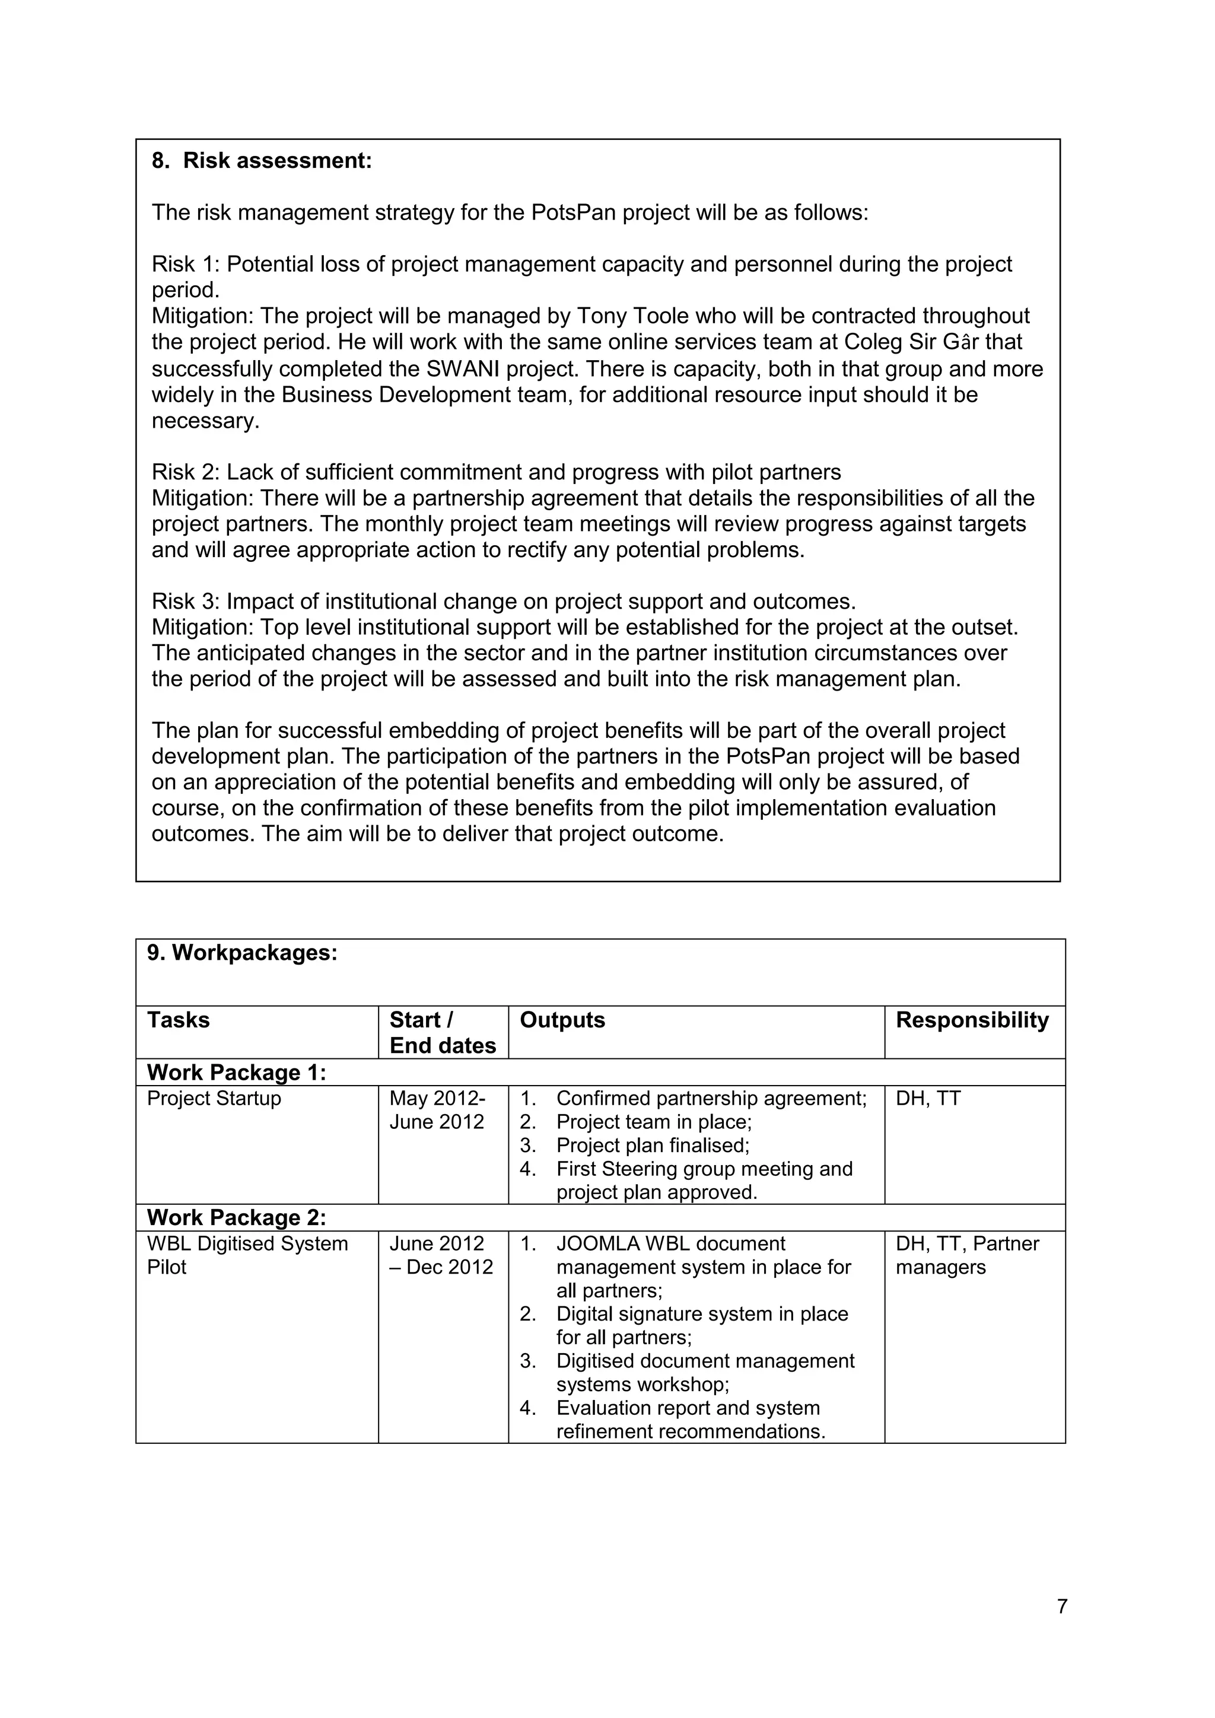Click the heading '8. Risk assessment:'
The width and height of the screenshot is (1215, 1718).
(x=262, y=161)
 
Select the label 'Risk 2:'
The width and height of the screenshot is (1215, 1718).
(x=186, y=472)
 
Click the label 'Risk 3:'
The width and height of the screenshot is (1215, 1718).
(x=186, y=602)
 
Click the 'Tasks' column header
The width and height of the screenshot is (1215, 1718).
(x=178, y=1020)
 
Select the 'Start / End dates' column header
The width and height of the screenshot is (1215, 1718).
(x=442, y=1033)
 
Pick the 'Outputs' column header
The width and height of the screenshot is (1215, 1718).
(x=562, y=1020)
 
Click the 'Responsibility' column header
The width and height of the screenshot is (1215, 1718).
(x=972, y=1020)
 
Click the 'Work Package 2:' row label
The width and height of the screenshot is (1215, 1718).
(x=237, y=1217)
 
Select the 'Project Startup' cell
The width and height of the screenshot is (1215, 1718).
(x=214, y=1099)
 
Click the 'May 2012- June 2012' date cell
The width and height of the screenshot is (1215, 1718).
(x=437, y=1110)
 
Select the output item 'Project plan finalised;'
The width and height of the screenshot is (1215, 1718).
(x=653, y=1146)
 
